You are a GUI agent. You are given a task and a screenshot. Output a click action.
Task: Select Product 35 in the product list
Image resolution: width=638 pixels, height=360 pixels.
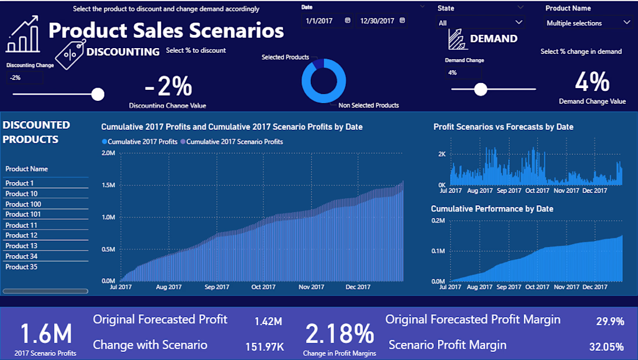click(21, 267)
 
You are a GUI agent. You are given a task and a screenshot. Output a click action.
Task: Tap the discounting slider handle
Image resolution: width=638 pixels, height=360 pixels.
click(98, 94)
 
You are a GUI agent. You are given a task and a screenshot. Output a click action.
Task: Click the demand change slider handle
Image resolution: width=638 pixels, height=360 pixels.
click(480, 89)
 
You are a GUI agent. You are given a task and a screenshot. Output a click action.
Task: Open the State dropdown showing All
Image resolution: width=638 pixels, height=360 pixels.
click(481, 23)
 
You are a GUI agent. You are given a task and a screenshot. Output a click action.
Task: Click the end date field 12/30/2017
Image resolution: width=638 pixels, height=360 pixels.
click(382, 20)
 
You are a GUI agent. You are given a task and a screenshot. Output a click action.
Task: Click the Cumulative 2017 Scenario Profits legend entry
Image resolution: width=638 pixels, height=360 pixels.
click(234, 141)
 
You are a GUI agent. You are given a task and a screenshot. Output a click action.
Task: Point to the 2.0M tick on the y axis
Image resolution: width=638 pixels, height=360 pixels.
click(108, 153)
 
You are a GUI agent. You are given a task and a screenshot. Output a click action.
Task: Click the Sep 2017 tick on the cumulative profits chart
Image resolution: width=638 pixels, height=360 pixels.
click(216, 286)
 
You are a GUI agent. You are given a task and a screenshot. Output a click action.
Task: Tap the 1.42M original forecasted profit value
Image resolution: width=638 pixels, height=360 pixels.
click(268, 321)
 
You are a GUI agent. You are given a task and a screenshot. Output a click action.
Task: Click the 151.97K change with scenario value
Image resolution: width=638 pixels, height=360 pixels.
click(264, 347)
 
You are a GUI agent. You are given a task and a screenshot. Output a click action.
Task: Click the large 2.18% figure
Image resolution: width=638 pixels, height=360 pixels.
click(339, 334)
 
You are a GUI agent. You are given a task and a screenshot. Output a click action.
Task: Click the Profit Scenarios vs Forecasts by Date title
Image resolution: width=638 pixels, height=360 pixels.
click(503, 127)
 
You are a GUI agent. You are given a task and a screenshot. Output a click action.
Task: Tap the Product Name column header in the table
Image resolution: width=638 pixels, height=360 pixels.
click(27, 169)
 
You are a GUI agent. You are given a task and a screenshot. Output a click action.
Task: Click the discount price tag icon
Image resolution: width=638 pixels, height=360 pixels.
click(71, 54)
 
